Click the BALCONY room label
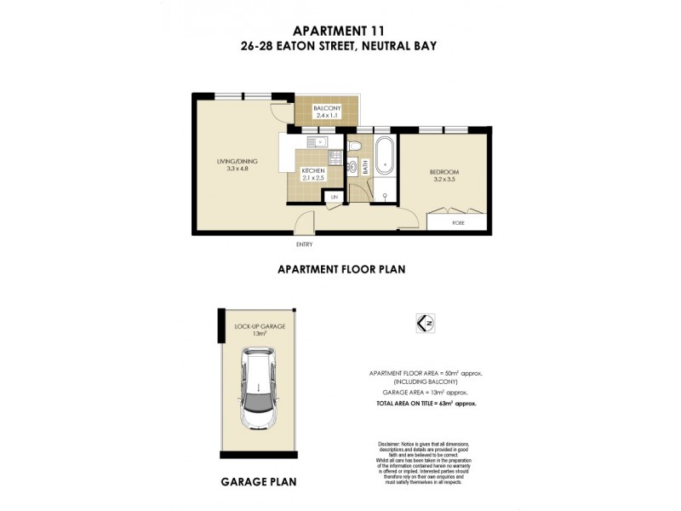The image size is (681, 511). point(328,108)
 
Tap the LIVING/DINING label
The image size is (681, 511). point(237,162)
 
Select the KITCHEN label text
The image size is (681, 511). point(313,171)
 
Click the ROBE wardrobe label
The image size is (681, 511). point(458,224)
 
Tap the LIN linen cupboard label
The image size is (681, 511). point(335,198)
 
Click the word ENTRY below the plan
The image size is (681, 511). point(304,244)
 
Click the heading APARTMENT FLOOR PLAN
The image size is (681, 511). point(340,269)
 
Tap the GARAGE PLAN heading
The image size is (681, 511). point(259,481)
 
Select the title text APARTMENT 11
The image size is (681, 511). point(340,28)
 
